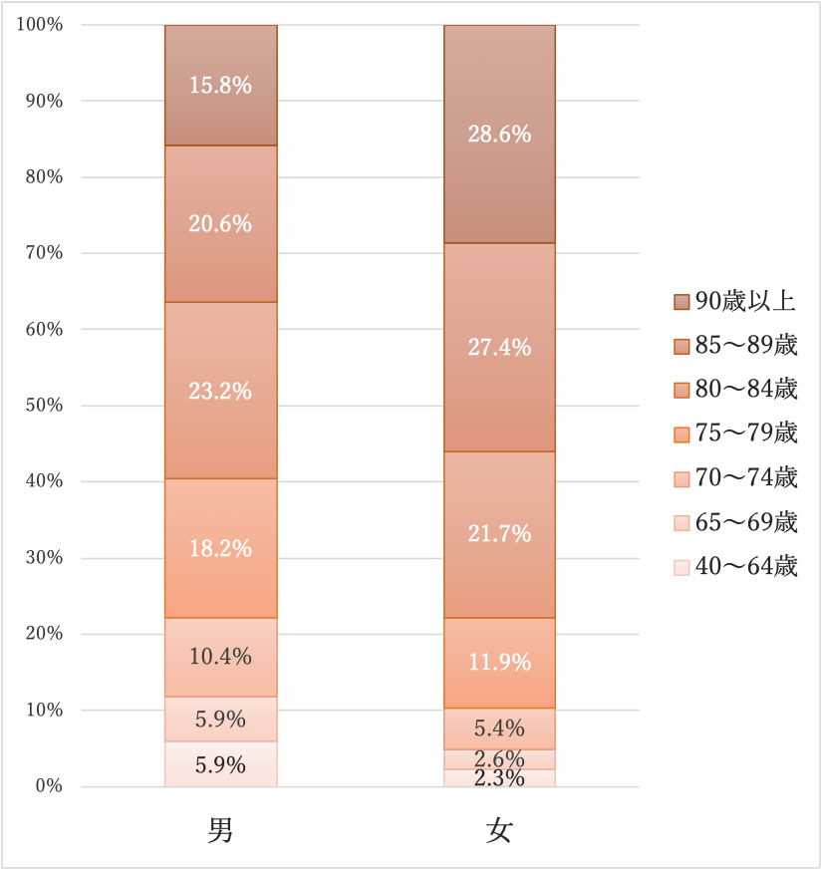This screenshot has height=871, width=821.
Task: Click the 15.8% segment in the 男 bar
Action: coord(220,86)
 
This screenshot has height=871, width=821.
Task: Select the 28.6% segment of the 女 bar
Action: coord(499,134)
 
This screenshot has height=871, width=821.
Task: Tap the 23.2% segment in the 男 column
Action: coord(220,391)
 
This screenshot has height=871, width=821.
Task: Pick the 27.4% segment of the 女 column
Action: coord(499,348)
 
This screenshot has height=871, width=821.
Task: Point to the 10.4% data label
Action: coord(220,657)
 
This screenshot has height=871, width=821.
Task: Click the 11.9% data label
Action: coord(499,662)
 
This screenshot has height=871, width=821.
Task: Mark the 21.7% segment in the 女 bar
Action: coord(499,534)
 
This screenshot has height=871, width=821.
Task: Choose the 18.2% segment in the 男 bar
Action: coord(220,548)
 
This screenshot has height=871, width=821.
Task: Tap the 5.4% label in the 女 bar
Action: coord(499,727)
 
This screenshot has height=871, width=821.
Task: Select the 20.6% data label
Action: coord(220,224)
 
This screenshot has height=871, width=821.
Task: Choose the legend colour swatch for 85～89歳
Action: coord(682,347)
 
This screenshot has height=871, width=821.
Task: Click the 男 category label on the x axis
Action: coord(220,831)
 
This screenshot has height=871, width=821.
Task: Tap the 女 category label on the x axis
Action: coord(499,831)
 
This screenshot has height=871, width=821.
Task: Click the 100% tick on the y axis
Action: coord(40,25)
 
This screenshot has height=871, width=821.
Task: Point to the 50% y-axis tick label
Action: coord(44,406)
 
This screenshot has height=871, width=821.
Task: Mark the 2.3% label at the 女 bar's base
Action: coord(499,778)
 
